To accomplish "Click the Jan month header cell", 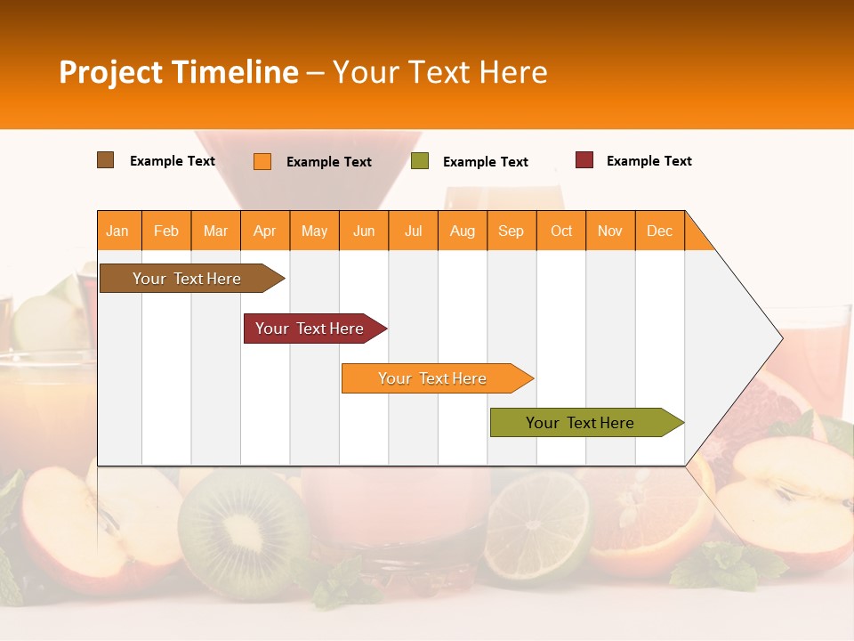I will tap(118, 231).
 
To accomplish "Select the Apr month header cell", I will tap(265, 231).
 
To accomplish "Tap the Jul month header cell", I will tap(413, 231).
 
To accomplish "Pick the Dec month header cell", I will tap(659, 231).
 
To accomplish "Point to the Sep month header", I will tap(511, 231).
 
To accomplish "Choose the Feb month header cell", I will tap(166, 231).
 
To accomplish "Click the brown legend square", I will tap(106, 160).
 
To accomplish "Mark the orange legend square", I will tap(262, 161).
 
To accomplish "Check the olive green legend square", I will tap(420, 161).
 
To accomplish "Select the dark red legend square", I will tap(584, 160).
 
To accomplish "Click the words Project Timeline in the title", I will tap(178, 72).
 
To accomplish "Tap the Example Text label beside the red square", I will tap(649, 161).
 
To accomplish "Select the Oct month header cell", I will tap(561, 231).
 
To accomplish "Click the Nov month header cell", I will tap(610, 231).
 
